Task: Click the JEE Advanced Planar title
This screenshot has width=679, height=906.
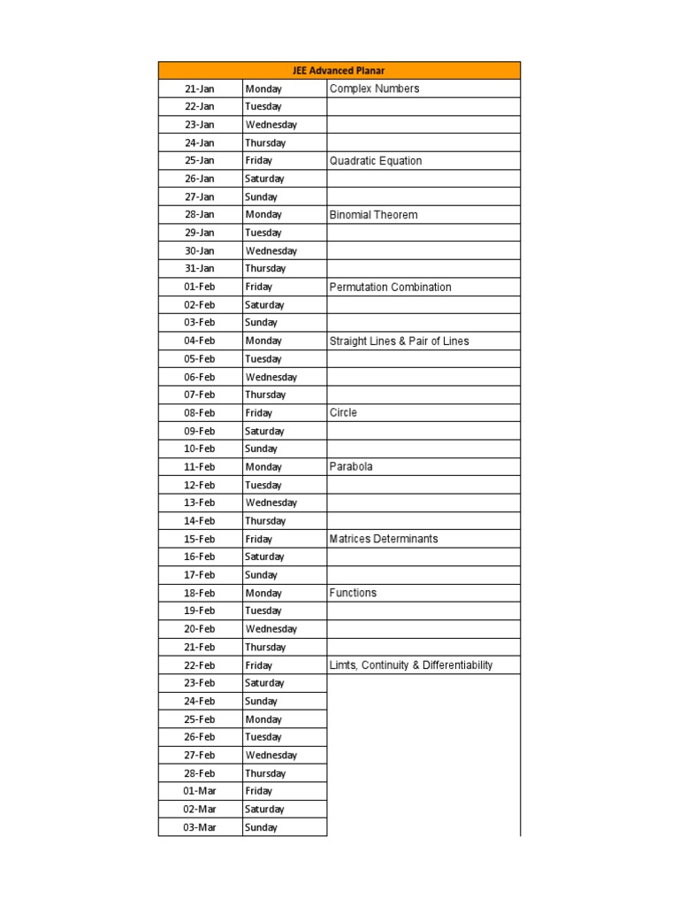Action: (x=339, y=71)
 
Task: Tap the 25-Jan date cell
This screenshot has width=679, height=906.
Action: (x=200, y=161)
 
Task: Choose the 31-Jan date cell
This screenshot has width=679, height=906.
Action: (x=200, y=269)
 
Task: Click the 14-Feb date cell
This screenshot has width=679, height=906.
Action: (x=200, y=521)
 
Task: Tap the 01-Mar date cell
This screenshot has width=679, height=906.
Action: (x=200, y=791)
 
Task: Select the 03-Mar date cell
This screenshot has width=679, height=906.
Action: (x=200, y=827)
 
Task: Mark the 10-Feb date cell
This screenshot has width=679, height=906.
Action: (x=200, y=449)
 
